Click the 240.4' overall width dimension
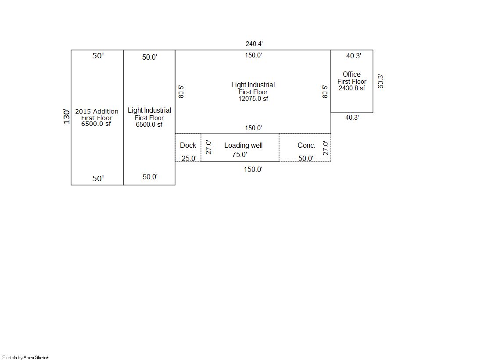coord(254,44)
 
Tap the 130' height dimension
coord(66,117)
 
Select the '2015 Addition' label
coord(97,111)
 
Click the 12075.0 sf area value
coord(253,99)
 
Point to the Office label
coord(351,74)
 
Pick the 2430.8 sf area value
coord(351,88)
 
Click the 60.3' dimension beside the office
coord(380,82)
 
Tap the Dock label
coord(188,145)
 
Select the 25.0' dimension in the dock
coord(189,158)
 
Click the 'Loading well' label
coord(244,145)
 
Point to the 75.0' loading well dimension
coord(240,154)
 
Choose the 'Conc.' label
coord(306,145)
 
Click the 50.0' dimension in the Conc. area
coord(306,158)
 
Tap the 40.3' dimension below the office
coord(352,118)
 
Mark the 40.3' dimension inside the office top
coord(354,56)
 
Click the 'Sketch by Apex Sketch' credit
coord(26,357)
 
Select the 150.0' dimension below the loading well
coord(253,169)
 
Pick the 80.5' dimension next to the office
coord(325,91)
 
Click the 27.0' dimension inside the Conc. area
coord(326,148)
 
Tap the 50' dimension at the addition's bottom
coord(98,178)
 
